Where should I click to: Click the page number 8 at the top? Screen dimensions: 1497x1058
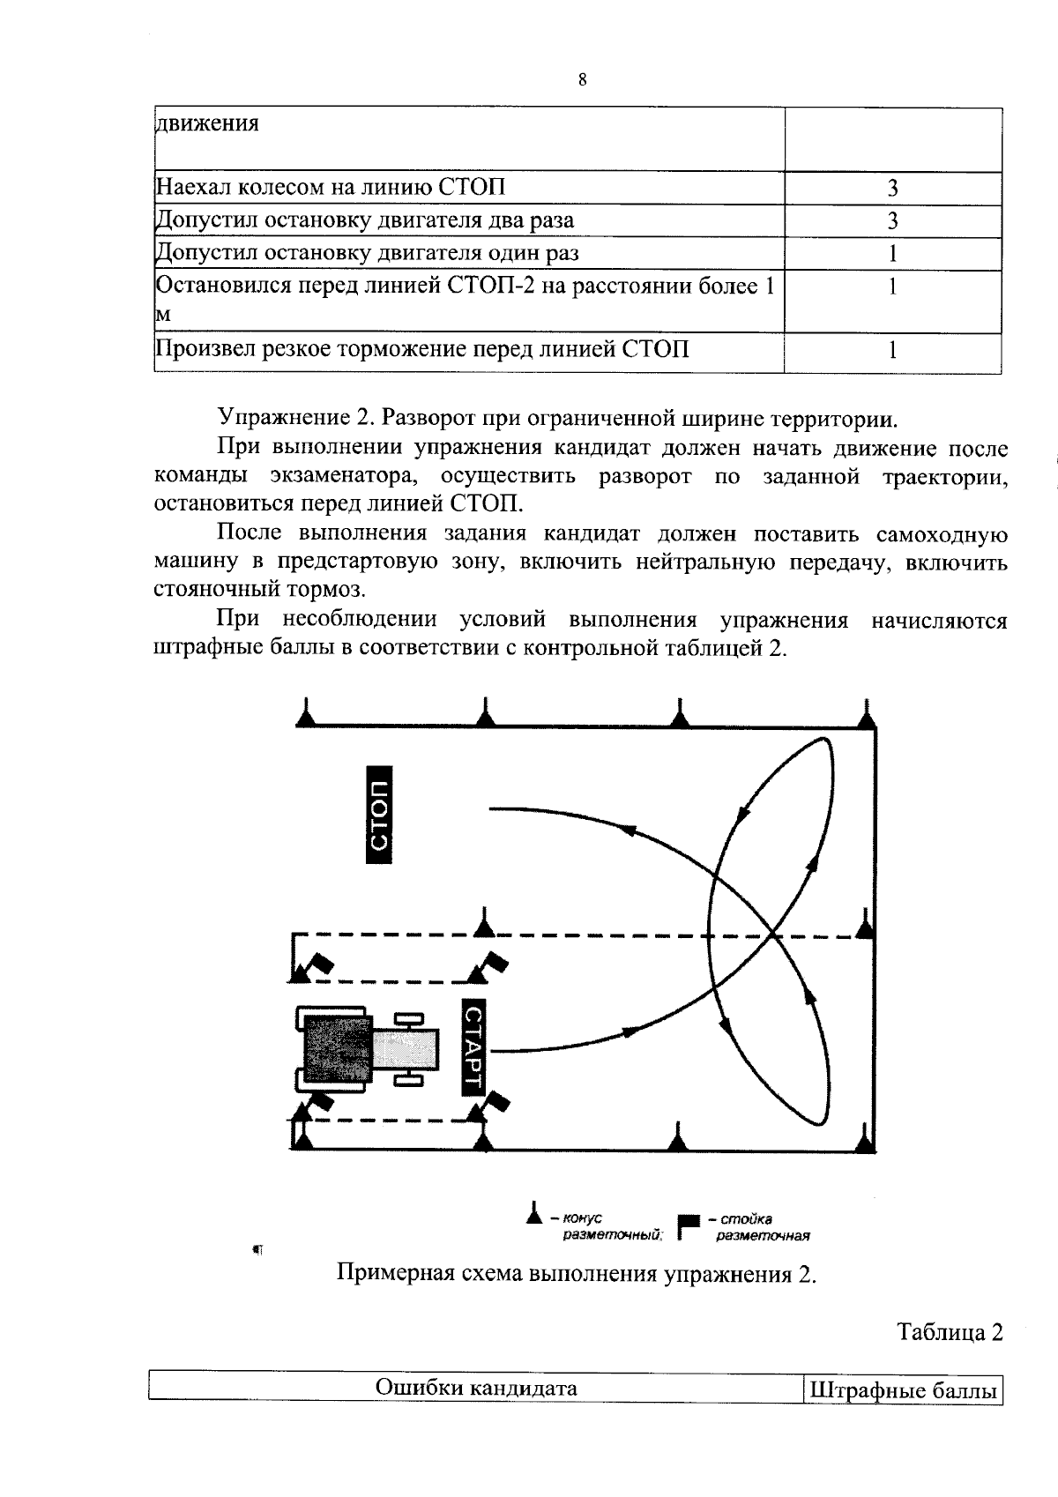(582, 81)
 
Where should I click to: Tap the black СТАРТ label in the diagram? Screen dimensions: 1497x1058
(473, 1046)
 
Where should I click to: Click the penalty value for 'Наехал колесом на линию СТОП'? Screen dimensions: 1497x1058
(892, 188)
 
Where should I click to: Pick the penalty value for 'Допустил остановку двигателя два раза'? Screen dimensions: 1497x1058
(892, 220)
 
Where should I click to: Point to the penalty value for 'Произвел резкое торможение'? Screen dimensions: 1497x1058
(892, 350)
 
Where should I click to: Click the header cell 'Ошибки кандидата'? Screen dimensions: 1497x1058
(476, 1389)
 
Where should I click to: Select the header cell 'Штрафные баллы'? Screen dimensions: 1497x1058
(903, 1391)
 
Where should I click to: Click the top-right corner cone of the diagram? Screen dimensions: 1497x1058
(868, 714)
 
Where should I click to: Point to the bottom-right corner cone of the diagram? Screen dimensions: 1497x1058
(864, 1141)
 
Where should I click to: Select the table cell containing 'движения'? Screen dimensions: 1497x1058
(208, 123)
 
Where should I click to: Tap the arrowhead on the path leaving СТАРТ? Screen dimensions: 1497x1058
(630, 1031)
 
